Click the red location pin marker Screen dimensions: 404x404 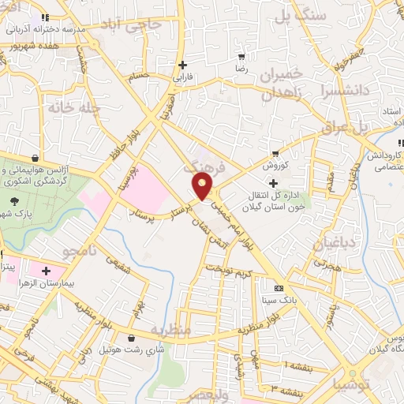click(x=203, y=187)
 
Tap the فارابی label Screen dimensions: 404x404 click(x=183, y=78)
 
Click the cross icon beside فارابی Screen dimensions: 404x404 click(x=183, y=65)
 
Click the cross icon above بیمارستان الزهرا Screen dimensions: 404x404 click(x=47, y=271)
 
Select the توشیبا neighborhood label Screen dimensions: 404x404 click(x=354, y=385)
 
